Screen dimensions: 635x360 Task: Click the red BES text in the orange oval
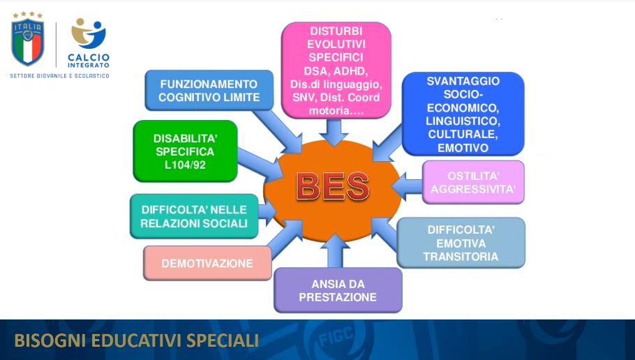pyautogui.click(x=333, y=186)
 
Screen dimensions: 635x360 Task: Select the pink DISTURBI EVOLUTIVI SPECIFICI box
pyautogui.click(x=336, y=70)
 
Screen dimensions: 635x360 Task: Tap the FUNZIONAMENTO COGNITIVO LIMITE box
pyautogui.click(x=209, y=90)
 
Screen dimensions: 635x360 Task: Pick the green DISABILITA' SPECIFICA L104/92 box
pyautogui.click(x=185, y=151)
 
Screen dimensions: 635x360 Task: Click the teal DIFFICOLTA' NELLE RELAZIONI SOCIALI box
pyautogui.click(x=194, y=216)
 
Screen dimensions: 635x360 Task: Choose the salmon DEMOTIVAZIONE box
pyautogui.click(x=207, y=263)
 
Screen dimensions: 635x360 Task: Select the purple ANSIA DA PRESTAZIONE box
pyautogui.click(x=338, y=290)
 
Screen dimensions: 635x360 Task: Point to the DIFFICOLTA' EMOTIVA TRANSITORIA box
pyautogui.click(x=461, y=243)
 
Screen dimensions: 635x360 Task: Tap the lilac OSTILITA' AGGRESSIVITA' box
pyautogui.click(x=473, y=182)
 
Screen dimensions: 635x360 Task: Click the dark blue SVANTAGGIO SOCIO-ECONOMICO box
pyautogui.click(x=463, y=114)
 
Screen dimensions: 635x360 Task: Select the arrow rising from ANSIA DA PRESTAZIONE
pyautogui.click(x=336, y=251)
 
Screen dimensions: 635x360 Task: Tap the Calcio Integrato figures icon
pyautogui.click(x=89, y=33)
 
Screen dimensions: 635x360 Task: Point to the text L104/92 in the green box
pyautogui.click(x=185, y=165)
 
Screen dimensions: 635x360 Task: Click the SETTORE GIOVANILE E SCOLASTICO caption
pyautogui.click(x=59, y=76)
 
